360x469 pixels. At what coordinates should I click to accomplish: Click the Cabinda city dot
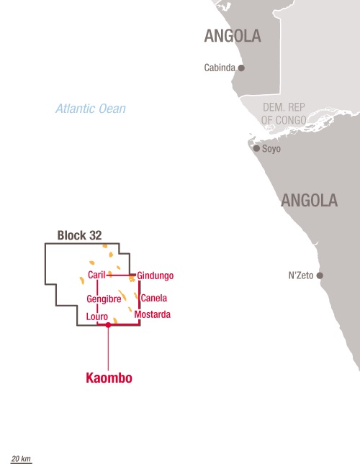pos(241,68)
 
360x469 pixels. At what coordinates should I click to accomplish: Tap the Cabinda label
pos(220,68)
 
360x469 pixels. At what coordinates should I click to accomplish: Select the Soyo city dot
pos(256,148)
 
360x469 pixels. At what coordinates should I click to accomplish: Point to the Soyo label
pos(271,149)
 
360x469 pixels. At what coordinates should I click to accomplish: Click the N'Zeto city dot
pos(320,276)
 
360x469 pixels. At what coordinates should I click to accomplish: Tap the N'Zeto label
pos(301,276)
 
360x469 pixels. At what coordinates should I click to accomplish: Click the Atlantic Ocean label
pos(91,109)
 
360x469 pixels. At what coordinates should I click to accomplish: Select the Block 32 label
pos(80,235)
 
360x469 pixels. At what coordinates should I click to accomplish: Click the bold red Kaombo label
pos(109,378)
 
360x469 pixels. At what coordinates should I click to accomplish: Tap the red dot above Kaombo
pos(108,325)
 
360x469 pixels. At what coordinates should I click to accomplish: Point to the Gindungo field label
pos(156,276)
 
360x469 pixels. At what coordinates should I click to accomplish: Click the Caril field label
pos(96,276)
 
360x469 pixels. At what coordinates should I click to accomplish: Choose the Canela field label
pos(154,298)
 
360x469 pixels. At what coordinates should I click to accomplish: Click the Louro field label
pos(96,317)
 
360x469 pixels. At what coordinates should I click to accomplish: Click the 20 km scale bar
pos(21,461)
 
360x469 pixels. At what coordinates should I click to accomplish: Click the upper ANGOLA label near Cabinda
pos(232,36)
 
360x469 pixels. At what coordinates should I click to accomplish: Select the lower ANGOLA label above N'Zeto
pos(309,200)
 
